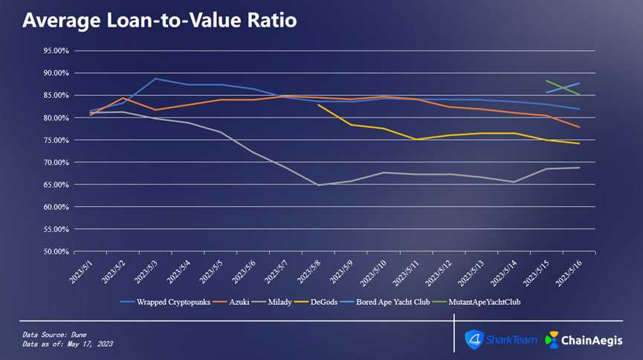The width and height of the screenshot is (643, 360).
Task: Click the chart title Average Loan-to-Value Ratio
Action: [159, 20]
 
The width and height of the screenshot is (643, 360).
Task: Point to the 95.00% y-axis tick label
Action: [57, 51]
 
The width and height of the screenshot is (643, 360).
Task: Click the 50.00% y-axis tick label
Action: [57, 252]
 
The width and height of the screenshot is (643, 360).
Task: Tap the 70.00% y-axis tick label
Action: [57, 163]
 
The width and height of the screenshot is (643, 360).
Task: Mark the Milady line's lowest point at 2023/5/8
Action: [318, 185]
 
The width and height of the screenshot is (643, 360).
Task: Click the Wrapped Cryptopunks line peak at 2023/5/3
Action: [155, 79]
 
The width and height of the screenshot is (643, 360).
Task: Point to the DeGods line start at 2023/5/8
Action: [318, 105]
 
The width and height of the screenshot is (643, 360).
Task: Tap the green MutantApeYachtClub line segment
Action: [563, 88]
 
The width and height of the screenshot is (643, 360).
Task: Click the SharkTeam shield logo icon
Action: [474, 340]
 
